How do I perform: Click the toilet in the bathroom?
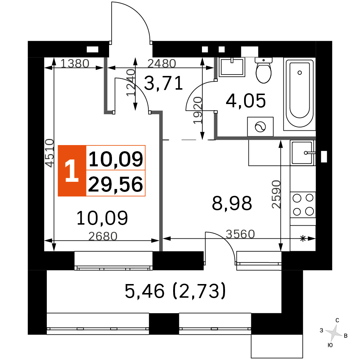pos(264,70)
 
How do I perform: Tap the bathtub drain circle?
pos(300,73)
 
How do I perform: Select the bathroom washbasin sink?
pos(232,67)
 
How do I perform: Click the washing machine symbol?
pos(260,126)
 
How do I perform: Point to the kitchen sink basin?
pos(302,153)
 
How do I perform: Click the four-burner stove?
pos(303,204)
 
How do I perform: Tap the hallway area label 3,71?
pos(163,83)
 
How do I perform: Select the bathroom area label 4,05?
pos(246,101)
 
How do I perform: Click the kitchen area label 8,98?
pos(232,203)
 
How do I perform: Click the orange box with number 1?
pos(72,171)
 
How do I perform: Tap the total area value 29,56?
pos(116,184)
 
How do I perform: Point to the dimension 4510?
pos(50,153)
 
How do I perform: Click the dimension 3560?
pos(240,234)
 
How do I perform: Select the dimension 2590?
pos(276,194)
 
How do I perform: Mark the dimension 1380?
pos(75,63)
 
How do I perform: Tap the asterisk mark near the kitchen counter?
pos(303,239)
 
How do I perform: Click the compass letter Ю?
pos(330,345)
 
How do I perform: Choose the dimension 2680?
pos(103,236)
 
